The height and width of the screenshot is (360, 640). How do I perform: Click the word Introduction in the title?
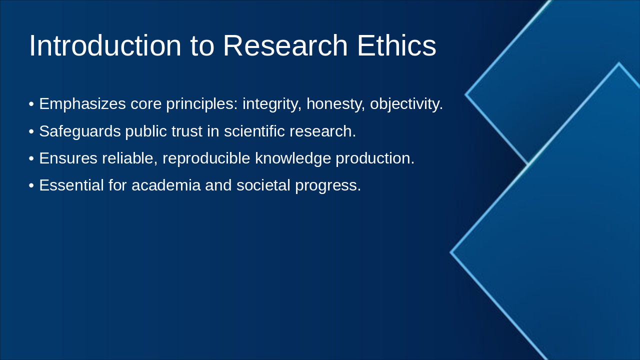[x=104, y=45]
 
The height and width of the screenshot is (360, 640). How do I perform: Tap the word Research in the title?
[x=285, y=45]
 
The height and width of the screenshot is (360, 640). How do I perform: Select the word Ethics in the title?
[x=396, y=45]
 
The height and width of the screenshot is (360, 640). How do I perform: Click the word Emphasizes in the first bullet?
[x=82, y=104]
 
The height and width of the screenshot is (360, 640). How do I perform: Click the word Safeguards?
[x=80, y=131]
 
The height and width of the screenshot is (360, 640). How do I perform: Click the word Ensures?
[x=68, y=158]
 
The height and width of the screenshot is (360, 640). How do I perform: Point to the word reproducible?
[x=206, y=158]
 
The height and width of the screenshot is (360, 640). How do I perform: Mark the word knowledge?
[x=293, y=158]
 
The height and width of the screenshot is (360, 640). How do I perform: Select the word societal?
[x=263, y=185]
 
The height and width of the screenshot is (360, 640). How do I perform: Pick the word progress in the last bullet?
[x=327, y=185]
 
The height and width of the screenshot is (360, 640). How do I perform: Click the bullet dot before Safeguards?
[x=31, y=131]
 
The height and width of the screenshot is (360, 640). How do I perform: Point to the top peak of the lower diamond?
[x=619, y=63]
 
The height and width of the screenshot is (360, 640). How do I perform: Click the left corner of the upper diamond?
[x=466, y=94]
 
